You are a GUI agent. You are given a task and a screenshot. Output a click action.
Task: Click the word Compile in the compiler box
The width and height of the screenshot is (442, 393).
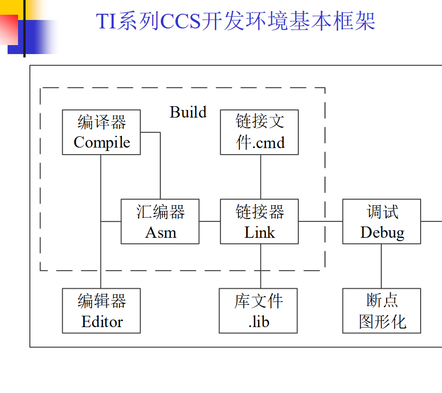101,143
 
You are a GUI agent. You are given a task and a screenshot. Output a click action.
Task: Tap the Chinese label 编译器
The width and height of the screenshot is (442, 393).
101,123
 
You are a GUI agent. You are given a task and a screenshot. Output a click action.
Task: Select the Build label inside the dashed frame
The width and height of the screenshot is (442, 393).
188,112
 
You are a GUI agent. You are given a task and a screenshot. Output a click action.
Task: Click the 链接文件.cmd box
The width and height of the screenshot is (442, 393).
259,132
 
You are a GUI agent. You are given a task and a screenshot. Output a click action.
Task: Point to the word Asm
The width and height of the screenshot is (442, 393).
160,233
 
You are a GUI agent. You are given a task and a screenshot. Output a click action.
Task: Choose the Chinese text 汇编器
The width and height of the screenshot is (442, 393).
160,212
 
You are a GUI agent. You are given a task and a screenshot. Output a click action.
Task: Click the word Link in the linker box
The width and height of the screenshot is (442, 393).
259,233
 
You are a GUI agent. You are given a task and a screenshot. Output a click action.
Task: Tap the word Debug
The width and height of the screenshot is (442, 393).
382,233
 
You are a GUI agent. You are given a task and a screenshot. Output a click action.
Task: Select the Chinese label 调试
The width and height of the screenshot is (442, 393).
382,212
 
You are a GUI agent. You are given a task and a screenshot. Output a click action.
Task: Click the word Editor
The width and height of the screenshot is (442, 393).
101,322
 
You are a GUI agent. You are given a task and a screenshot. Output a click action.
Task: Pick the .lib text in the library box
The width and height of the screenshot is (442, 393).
258,322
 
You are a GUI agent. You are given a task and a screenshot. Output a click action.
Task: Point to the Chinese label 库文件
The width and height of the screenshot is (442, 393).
258,301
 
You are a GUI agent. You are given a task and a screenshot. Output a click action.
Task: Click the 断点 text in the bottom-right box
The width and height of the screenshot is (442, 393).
382,301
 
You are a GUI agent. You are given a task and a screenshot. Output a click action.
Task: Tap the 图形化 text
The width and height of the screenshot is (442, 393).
382,322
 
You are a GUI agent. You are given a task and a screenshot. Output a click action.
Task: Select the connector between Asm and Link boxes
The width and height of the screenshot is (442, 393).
210,221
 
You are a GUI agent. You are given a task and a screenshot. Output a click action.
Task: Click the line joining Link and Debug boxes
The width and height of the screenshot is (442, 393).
321,221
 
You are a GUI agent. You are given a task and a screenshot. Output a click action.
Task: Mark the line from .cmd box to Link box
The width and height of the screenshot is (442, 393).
260,177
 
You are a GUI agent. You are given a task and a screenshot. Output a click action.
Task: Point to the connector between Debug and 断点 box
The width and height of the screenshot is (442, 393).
382,266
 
